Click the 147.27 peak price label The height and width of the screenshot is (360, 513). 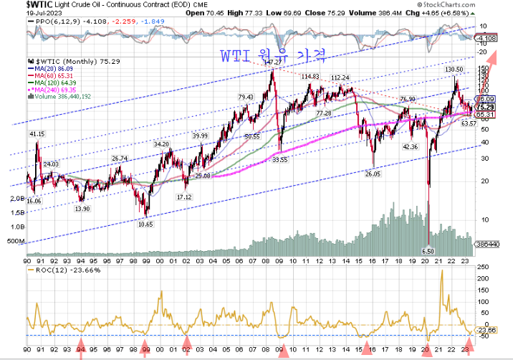point(272,63)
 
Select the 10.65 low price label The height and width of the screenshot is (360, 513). point(145,224)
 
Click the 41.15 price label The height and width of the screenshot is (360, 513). point(37,134)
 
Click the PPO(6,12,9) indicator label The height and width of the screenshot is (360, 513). point(53,22)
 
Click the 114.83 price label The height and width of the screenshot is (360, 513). point(310,76)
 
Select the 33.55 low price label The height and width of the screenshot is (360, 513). point(279,160)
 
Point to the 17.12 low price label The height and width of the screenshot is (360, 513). point(185,196)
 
